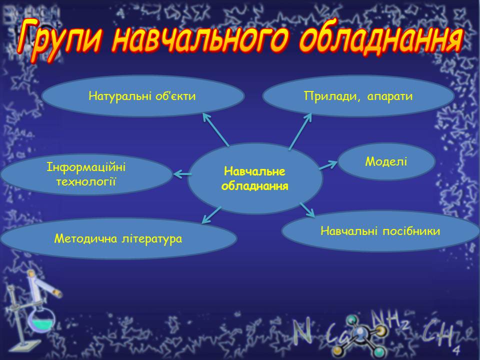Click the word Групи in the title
[x=60, y=40]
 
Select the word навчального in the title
[x=200, y=39]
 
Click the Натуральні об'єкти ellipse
[x=142, y=96]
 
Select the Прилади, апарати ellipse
[x=358, y=96]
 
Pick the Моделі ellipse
[x=386, y=161]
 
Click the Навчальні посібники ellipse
[x=380, y=231]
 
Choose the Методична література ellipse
[x=118, y=238]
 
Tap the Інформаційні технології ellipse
[x=86, y=174]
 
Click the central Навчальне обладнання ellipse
[x=255, y=178]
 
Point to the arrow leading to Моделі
[x=328, y=165]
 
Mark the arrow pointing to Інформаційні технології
[x=182, y=174]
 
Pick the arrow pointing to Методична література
[x=211, y=215]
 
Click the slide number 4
[x=456, y=349]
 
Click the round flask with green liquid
[x=42, y=322]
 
